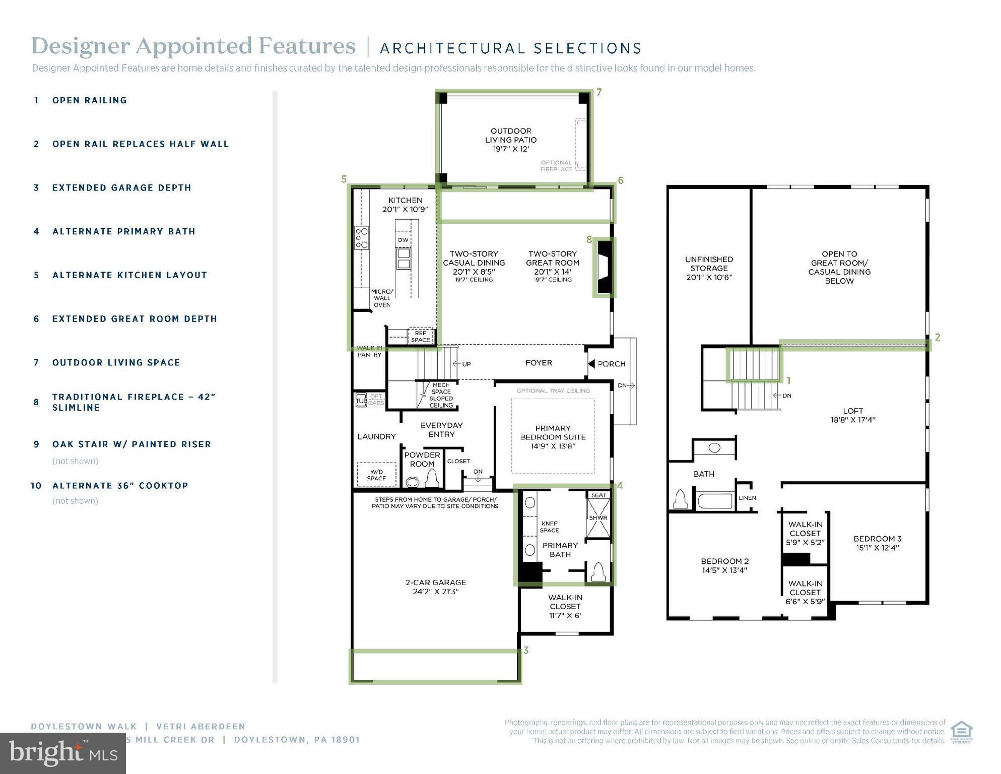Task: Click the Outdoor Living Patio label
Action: pos(510,140)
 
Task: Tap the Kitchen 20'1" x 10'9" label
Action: pos(405,205)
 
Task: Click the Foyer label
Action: pos(538,363)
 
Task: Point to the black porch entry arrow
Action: pos(592,363)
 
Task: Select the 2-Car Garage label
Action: pos(435,587)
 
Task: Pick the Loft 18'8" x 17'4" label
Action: pos(852,415)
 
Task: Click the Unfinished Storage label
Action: pos(708,268)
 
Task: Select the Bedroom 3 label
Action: pos(877,543)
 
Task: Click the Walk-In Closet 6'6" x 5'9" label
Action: pos(805,593)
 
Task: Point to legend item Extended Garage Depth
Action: pos(121,188)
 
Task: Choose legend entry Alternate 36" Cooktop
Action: pos(120,486)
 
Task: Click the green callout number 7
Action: pos(598,92)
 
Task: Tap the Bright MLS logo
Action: pos(63,753)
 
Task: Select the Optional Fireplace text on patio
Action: pos(556,166)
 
